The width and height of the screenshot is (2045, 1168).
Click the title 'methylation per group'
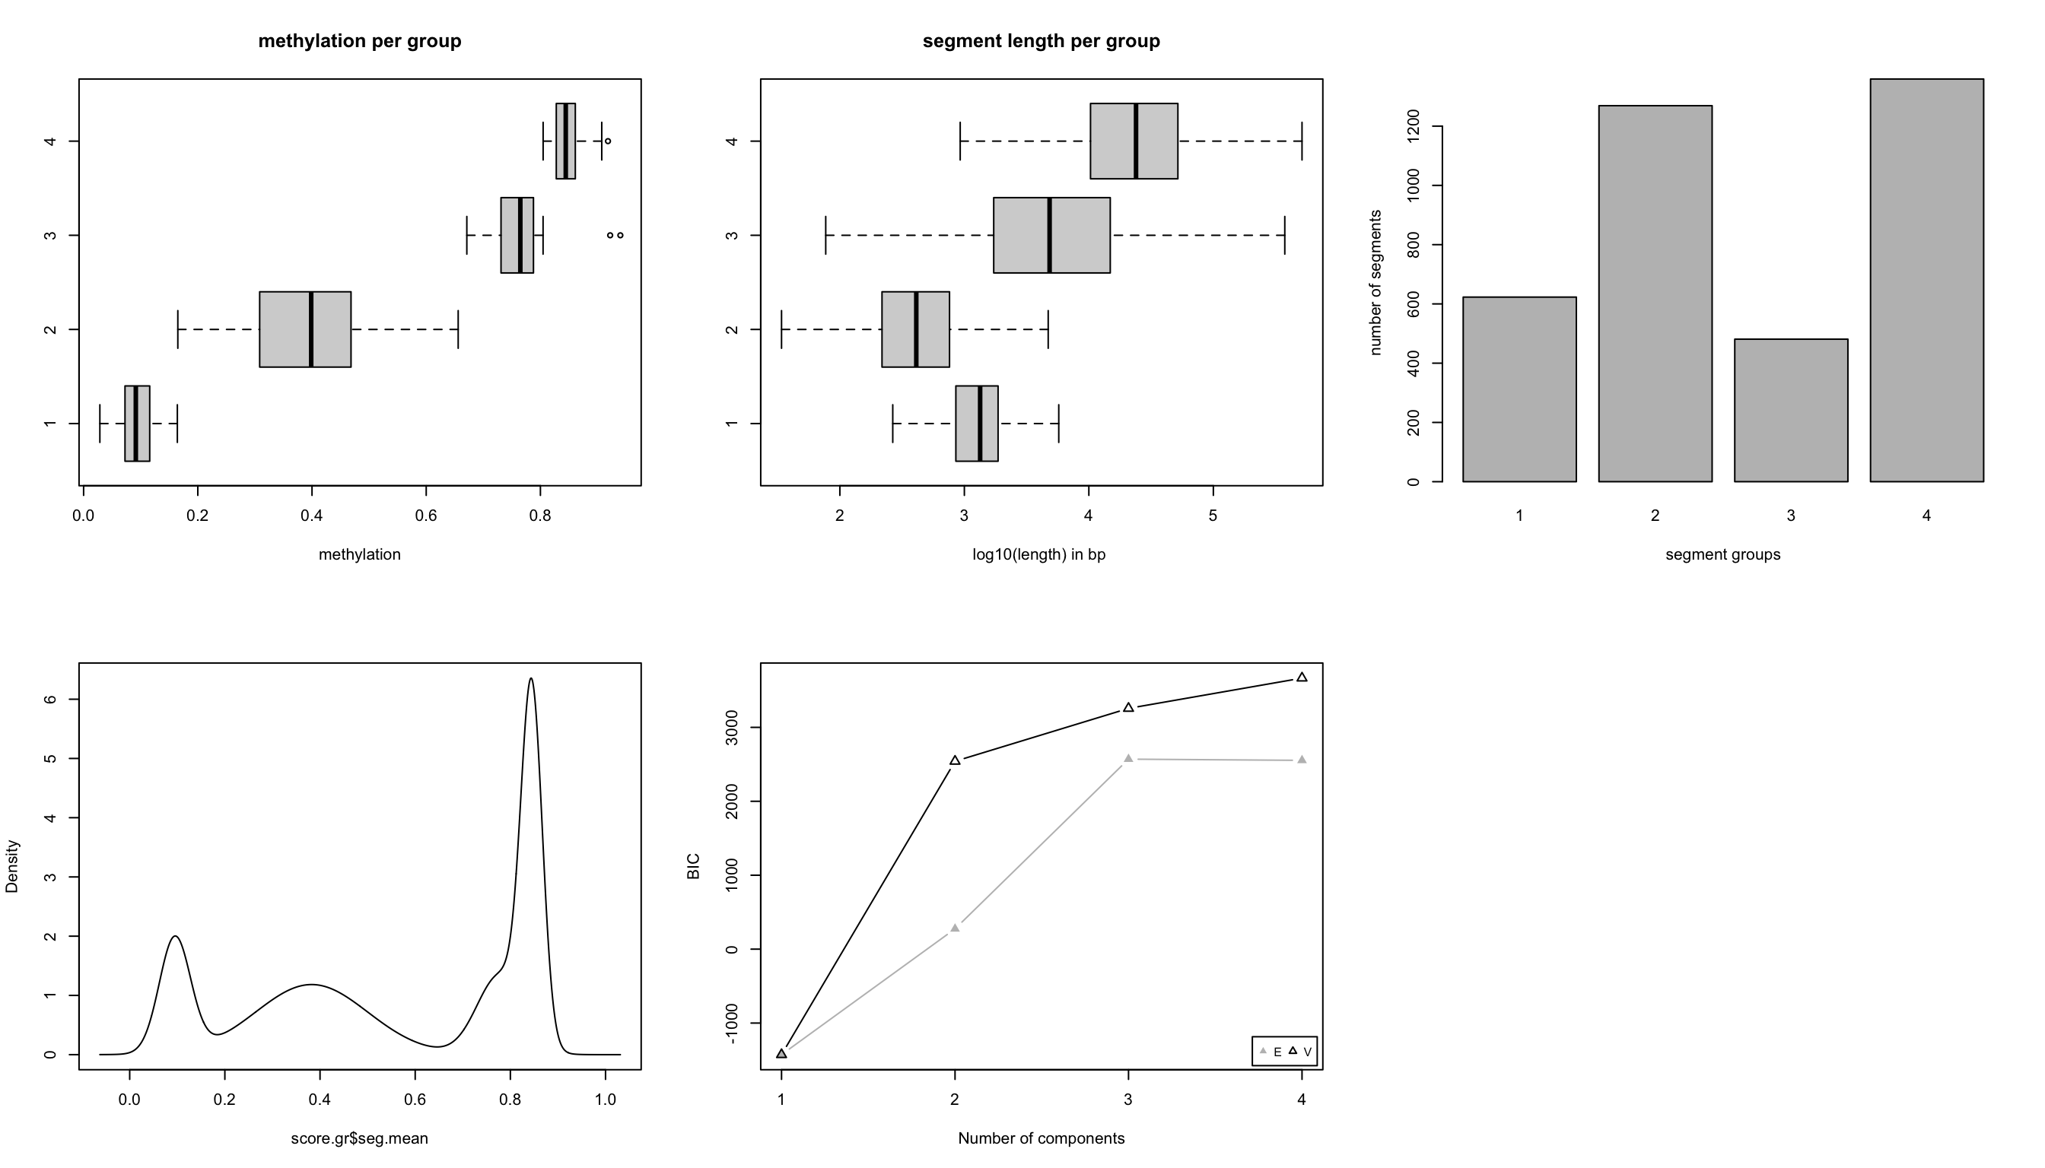tap(360, 41)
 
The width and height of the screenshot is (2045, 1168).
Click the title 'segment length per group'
tap(1041, 41)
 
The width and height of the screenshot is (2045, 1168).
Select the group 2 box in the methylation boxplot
tap(305, 329)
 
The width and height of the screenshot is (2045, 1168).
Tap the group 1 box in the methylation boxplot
tap(137, 424)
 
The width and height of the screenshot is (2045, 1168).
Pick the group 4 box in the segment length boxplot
tap(1134, 141)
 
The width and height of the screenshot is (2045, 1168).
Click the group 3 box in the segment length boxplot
tap(1051, 235)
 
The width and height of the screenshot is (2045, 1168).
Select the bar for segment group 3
tap(1791, 410)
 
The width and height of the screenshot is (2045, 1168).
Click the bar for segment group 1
tap(1519, 389)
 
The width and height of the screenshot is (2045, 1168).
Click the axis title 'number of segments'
tap(1376, 282)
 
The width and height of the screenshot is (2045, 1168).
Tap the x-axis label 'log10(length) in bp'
tap(1038, 554)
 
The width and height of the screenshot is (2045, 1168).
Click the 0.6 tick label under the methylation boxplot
tap(426, 516)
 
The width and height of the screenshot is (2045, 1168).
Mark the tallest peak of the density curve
tap(531, 678)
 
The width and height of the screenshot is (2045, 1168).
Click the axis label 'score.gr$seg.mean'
tap(360, 1138)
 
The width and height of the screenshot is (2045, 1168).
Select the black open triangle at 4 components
tap(1302, 677)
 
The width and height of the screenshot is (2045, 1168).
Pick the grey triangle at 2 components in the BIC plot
tap(955, 928)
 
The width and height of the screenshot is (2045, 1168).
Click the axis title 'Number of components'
tap(1041, 1138)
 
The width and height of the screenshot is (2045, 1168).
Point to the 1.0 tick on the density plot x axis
tap(606, 1100)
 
